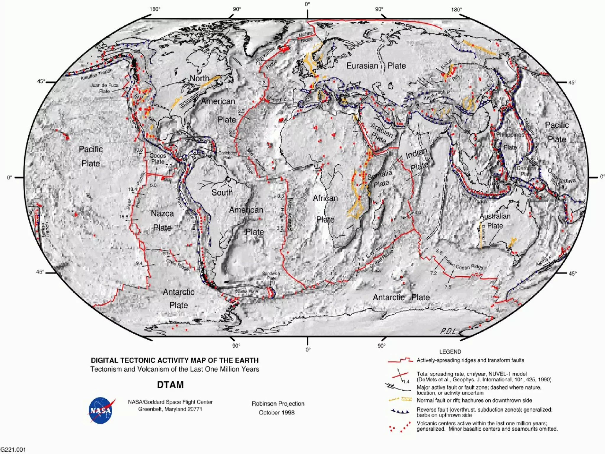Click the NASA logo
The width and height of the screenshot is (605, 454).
coord(101,410)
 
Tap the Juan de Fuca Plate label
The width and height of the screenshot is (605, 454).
coord(104,88)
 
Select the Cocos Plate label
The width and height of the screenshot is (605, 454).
coord(157,158)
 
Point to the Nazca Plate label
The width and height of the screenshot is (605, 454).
coord(162,220)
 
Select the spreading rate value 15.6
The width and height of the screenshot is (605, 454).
coord(123,217)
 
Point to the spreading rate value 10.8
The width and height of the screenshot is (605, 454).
coord(138,150)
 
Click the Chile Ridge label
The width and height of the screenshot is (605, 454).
coord(177,264)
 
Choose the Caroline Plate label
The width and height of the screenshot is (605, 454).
coord(526,171)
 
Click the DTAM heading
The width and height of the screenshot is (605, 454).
coord(170,385)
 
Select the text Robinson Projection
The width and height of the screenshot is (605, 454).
coord(278,403)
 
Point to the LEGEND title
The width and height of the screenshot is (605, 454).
coord(450,351)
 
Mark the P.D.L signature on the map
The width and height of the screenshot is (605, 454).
coord(448,332)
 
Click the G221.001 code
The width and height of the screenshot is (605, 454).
coord(13,450)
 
